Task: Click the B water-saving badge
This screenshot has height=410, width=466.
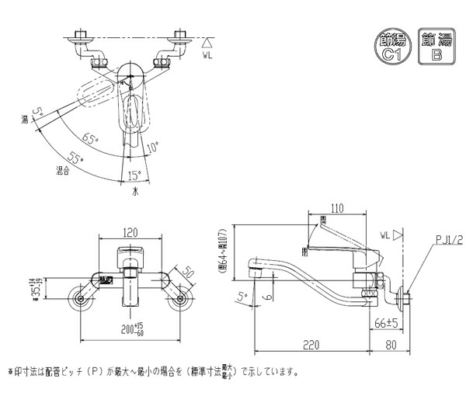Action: (x=436, y=45)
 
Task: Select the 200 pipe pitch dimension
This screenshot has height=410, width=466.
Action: (x=126, y=331)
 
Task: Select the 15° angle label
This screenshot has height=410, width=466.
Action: (x=134, y=174)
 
